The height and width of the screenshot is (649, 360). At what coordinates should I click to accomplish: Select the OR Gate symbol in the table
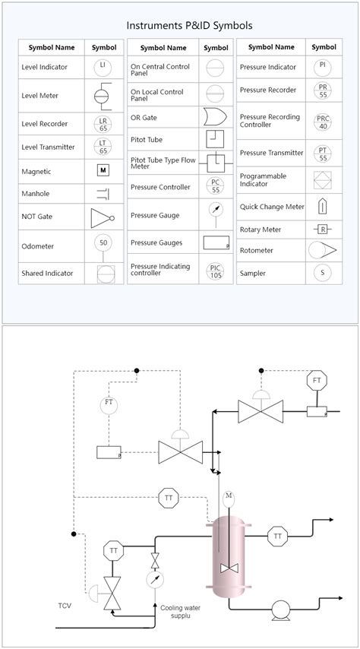[x=216, y=116]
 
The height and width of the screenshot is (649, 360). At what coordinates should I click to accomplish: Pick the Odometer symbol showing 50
[x=103, y=243]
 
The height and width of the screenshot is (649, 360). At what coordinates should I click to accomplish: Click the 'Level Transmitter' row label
[x=49, y=147]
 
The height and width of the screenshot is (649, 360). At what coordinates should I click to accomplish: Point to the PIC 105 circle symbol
[x=216, y=271]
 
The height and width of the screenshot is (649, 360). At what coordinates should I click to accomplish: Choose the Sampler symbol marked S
[x=323, y=273]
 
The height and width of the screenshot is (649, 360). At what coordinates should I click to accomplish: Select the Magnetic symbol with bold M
[x=103, y=171]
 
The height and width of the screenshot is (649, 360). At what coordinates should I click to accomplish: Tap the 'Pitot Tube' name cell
[x=147, y=140]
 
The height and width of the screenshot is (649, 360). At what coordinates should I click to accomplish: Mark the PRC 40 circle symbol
[x=323, y=122]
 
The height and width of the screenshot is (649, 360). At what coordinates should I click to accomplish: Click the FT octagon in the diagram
[x=317, y=380]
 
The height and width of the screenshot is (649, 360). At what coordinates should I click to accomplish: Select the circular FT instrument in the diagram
[x=109, y=402]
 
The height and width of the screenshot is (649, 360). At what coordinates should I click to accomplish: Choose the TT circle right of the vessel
[x=278, y=537]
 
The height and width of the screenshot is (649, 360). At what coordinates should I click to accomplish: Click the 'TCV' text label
[x=66, y=606]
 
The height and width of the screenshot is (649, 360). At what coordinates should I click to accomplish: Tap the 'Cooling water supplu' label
[x=176, y=612]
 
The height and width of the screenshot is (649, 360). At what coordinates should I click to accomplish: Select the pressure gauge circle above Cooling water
[x=156, y=580]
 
